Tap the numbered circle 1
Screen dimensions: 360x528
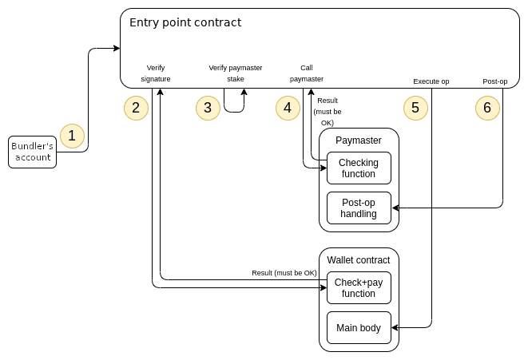pyautogui.click(x=72, y=136)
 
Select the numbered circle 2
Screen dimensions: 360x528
pyautogui.click(x=136, y=107)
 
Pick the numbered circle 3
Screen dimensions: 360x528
pyautogui.click(x=208, y=107)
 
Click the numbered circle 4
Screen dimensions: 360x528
pyautogui.click(x=288, y=107)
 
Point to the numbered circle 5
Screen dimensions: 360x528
pyautogui.click(x=415, y=107)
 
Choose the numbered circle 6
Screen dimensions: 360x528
pyautogui.click(x=488, y=107)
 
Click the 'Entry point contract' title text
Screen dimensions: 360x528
pyautogui.click(x=185, y=22)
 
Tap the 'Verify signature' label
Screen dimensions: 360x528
pyautogui.click(x=156, y=73)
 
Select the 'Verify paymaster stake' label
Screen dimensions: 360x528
pyautogui.click(x=235, y=73)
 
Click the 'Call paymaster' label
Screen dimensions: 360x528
pyautogui.click(x=307, y=73)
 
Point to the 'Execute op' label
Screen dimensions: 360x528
pyautogui.click(x=431, y=81)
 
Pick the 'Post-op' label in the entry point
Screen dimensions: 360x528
pyautogui.click(x=495, y=81)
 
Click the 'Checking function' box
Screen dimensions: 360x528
pyautogui.click(x=359, y=168)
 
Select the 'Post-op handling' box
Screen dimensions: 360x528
pyautogui.click(x=359, y=208)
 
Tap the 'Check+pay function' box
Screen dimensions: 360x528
pyautogui.click(x=359, y=288)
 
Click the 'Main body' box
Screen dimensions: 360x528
pyautogui.click(x=359, y=327)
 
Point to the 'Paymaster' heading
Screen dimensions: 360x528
pyautogui.click(x=359, y=140)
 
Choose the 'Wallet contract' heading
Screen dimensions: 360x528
pyautogui.click(x=359, y=260)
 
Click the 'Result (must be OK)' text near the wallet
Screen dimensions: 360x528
pyautogui.click(x=284, y=274)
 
